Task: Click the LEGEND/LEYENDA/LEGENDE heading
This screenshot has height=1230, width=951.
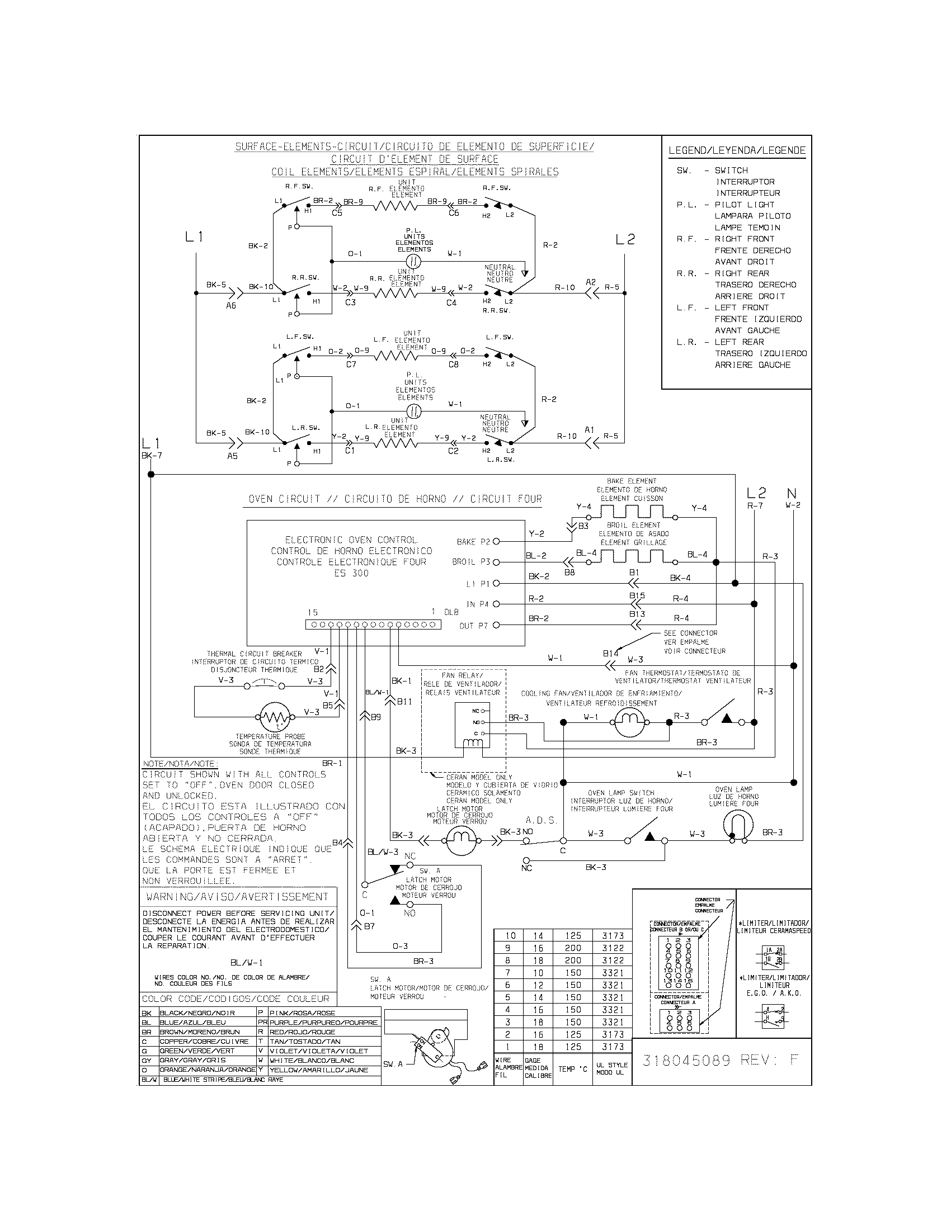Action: pos(736,150)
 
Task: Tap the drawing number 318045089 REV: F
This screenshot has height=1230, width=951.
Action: pos(720,1060)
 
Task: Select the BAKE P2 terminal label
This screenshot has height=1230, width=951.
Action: pos(473,542)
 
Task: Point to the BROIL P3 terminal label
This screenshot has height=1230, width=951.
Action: pos(471,562)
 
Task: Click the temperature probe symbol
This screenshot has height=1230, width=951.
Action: pos(274,717)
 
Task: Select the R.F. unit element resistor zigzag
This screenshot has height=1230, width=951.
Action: pos(397,206)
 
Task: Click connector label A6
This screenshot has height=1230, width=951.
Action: pos(231,306)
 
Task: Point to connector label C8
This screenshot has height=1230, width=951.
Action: pos(454,365)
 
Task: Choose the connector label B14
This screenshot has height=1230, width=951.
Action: pos(610,653)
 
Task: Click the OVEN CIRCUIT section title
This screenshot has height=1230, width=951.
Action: pos(395,499)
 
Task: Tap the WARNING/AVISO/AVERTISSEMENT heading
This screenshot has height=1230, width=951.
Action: pos(237,896)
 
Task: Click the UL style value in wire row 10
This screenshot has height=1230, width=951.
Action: pos(613,935)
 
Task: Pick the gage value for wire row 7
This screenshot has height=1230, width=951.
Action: pos(538,973)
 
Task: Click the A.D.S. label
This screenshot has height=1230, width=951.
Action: pos(541,820)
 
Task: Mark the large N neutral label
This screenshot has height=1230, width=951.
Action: pos(792,494)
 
